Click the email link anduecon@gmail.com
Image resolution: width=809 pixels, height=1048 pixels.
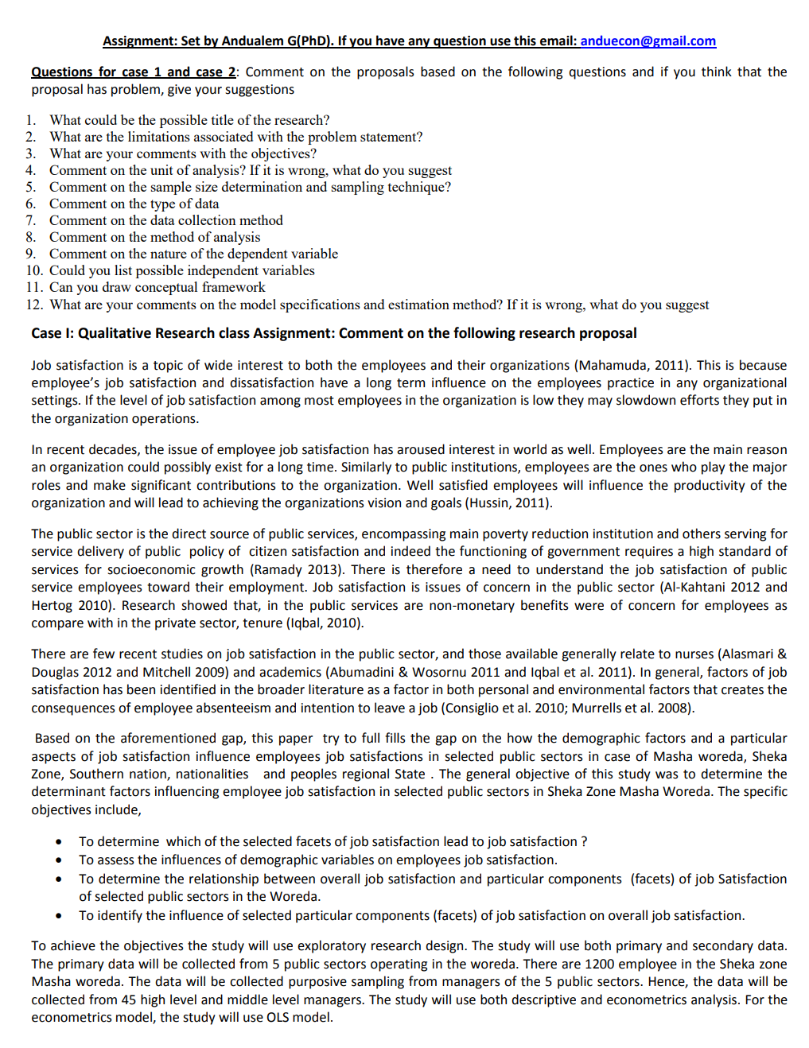648,41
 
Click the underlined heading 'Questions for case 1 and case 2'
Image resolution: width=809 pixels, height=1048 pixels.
133,72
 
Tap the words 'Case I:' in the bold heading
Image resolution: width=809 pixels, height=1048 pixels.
53,333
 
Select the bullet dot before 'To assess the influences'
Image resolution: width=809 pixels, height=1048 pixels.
59,860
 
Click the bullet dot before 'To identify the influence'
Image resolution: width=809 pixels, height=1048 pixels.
59,916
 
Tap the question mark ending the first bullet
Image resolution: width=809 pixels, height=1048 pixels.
584,841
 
